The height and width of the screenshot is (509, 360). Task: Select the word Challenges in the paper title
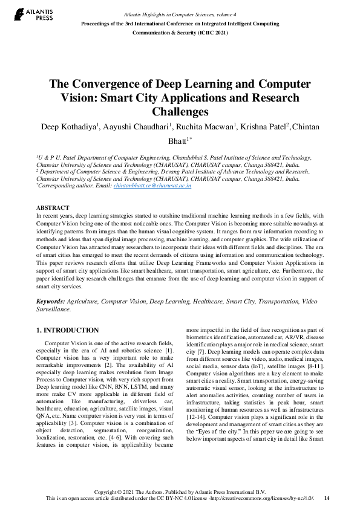pyautogui.click(x=180, y=111)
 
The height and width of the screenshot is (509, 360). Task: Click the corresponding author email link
pyautogui.click(x=152, y=186)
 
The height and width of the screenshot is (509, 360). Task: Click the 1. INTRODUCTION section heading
pyautogui.click(x=67, y=330)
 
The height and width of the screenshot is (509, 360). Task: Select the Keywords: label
pyautogui.click(x=51, y=300)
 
